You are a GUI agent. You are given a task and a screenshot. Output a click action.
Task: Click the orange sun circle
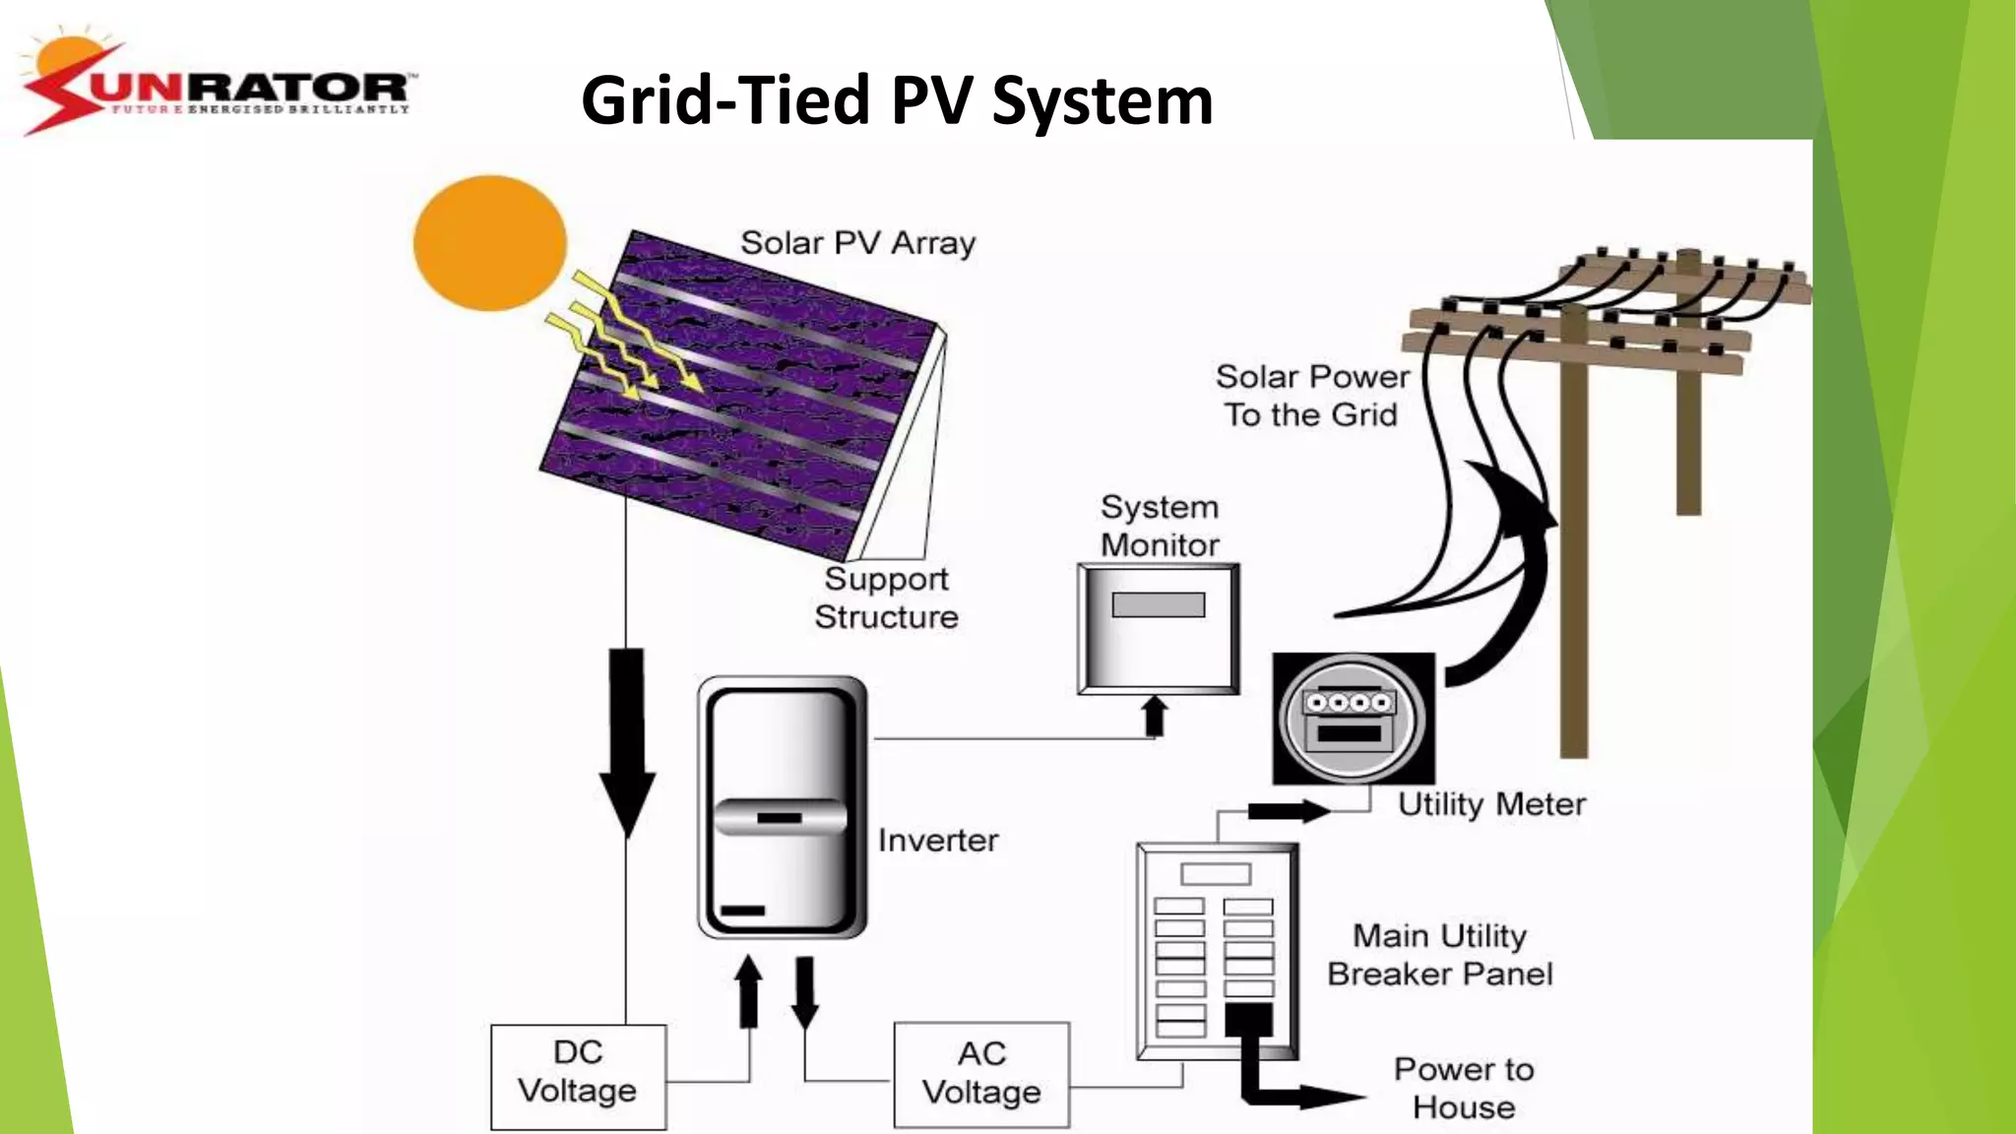[489, 243]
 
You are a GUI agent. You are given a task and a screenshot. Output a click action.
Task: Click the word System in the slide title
[1102, 102]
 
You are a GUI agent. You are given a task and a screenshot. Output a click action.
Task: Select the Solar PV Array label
[857, 242]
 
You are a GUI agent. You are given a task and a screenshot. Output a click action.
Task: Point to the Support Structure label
[886, 598]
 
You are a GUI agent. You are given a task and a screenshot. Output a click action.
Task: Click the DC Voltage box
[578, 1075]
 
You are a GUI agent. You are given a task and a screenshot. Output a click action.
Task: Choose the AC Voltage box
[980, 1075]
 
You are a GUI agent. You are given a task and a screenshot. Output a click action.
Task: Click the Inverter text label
[937, 841]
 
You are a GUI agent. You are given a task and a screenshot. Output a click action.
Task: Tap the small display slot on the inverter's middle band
[779, 818]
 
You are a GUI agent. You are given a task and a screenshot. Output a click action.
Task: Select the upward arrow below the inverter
[749, 990]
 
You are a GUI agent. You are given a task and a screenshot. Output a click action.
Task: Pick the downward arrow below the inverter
[805, 990]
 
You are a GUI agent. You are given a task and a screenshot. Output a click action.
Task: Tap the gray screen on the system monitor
[1158, 604]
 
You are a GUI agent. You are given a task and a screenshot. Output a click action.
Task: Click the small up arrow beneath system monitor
[1155, 716]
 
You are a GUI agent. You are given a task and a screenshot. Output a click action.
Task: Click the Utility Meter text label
[1491, 804]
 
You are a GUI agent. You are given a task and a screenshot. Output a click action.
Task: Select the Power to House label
[1464, 1088]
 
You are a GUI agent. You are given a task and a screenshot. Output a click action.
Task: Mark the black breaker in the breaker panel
[1248, 1019]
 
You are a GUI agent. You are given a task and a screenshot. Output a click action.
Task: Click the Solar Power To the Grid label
[1312, 395]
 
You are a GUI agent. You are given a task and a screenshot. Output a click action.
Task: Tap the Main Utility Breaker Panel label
[1439, 954]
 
